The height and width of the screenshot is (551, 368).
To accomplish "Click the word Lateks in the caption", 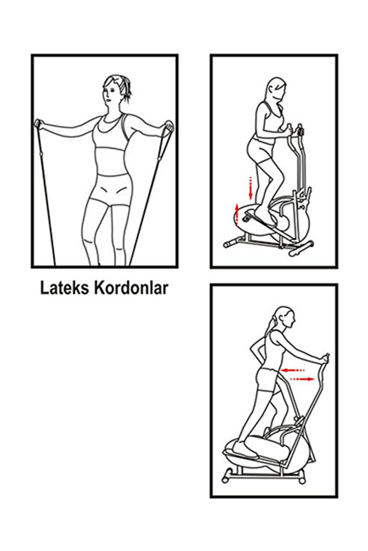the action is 65,288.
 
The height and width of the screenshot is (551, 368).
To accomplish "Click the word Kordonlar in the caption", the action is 131,288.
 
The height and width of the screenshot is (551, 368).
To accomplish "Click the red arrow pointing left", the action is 293,370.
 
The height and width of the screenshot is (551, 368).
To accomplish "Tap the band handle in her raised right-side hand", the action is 168,127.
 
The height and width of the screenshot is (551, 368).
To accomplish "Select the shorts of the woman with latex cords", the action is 110,190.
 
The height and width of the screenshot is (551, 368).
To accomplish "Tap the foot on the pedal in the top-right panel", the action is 264,217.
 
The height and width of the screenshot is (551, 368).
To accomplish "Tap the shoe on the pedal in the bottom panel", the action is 244,451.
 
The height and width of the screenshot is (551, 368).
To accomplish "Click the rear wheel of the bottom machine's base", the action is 226,478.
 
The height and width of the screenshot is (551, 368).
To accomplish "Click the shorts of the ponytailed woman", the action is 267,379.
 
